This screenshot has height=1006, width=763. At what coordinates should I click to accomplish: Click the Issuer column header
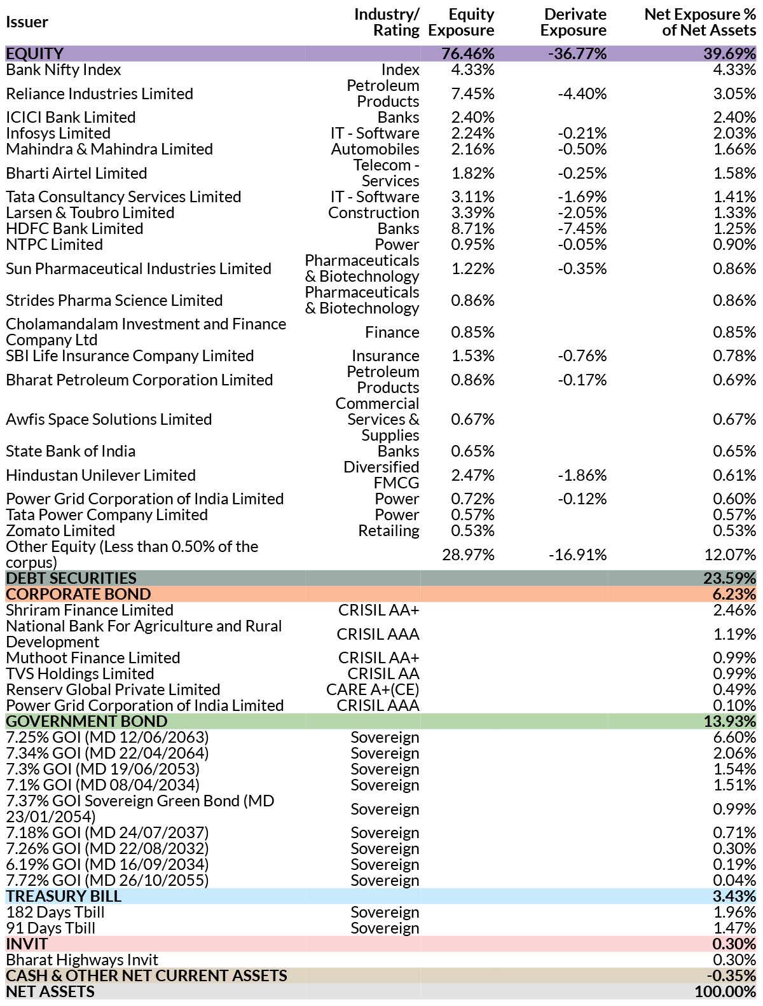click(27, 22)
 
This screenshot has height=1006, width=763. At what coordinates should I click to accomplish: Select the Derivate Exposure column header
click(574, 22)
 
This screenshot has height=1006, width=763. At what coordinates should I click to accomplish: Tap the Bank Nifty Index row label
click(63, 70)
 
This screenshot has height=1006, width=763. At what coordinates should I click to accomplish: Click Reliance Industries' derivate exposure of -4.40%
click(582, 93)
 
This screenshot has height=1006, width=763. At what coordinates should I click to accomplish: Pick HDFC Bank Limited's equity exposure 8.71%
click(472, 228)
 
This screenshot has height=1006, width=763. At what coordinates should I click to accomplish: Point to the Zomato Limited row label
click(60, 530)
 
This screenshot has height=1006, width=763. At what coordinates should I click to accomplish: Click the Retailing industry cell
click(388, 530)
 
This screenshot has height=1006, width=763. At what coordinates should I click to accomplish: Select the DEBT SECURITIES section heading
click(71, 578)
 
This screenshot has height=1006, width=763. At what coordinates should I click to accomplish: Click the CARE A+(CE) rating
click(373, 689)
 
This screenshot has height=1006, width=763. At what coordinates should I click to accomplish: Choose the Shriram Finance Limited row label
click(90, 610)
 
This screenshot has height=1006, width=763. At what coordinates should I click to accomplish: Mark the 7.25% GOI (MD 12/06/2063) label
click(107, 737)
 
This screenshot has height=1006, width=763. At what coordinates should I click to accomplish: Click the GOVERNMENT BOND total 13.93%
click(730, 721)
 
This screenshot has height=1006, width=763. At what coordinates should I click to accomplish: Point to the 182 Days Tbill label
click(55, 912)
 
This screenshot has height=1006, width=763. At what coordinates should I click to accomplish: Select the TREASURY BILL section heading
click(64, 896)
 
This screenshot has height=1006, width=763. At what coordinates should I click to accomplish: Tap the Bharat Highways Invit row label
click(82, 960)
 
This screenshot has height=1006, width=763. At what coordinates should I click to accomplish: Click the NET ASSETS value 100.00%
click(725, 991)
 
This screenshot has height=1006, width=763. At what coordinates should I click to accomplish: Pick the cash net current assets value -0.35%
click(731, 975)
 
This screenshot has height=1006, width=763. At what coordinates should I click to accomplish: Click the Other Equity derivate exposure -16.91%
click(578, 555)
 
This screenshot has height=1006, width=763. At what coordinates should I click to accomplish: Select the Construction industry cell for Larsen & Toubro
click(373, 212)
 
